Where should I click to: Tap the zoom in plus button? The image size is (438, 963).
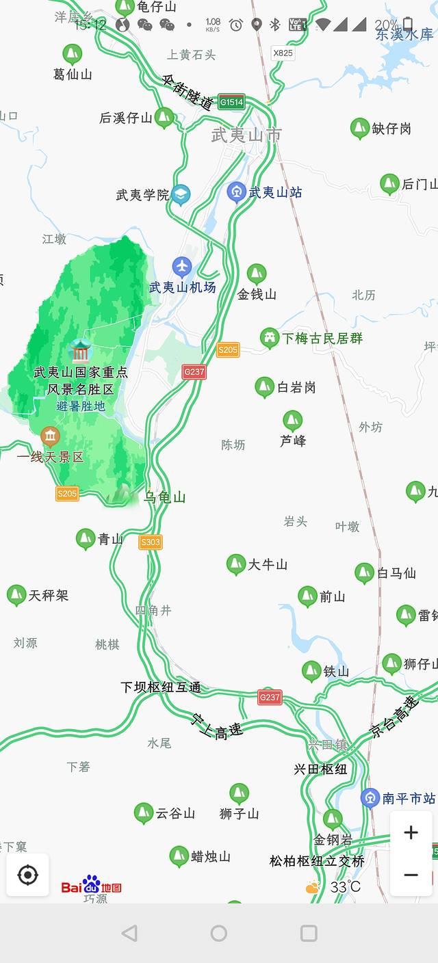(411, 832)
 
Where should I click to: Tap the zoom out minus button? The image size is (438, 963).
(411, 875)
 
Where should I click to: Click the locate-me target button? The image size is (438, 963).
(27, 875)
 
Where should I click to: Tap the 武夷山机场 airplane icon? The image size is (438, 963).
(182, 266)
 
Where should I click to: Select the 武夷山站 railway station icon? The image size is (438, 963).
(237, 192)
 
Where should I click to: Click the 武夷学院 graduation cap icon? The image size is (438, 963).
(181, 194)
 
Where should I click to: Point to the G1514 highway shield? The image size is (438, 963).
(231, 103)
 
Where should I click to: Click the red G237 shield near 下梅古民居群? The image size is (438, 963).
(194, 371)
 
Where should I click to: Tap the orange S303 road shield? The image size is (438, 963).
(151, 542)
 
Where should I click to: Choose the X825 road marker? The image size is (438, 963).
(283, 52)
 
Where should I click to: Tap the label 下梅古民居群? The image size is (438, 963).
(322, 338)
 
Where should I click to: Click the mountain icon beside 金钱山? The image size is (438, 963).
(257, 274)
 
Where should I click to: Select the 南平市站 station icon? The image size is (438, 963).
(370, 797)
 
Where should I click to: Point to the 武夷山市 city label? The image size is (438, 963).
(246, 135)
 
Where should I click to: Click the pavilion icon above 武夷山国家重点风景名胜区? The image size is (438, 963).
(80, 351)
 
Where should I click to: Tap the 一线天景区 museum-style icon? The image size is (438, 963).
(50, 436)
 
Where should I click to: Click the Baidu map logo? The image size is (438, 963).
(91, 886)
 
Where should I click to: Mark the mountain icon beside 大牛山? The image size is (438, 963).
(236, 564)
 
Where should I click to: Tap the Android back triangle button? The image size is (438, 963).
(129, 933)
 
